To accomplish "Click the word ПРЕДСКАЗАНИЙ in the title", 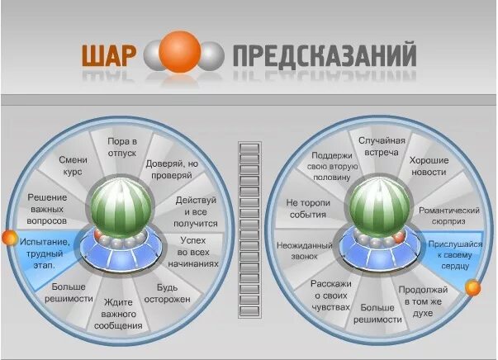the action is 324,55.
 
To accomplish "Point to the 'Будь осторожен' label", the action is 174,293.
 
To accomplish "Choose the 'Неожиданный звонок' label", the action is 306,252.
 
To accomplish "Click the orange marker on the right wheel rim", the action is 472,288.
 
